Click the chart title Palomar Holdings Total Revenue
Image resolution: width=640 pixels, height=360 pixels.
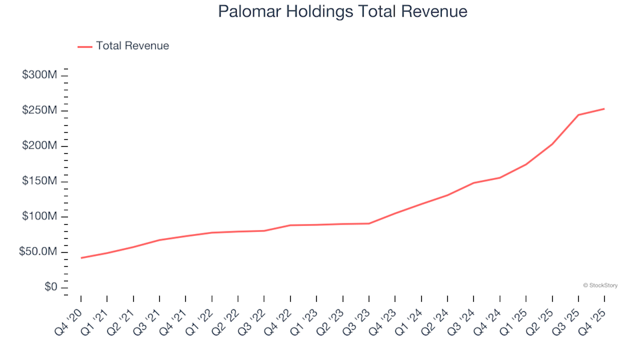[x=343, y=12]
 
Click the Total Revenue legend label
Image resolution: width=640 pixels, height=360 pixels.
[x=132, y=46]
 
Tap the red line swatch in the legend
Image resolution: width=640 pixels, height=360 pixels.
[x=85, y=47]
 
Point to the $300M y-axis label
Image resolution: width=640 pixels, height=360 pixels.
[x=39, y=75]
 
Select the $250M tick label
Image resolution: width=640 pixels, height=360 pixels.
[x=39, y=110]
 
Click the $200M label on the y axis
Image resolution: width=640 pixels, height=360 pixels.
[x=39, y=146]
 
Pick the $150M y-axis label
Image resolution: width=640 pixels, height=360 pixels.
[x=39, y=181]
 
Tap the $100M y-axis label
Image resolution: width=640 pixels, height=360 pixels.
[x=39, y=217]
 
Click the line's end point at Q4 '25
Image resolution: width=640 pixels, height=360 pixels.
[x=604, y=109]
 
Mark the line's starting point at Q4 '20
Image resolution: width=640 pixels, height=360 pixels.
[x=81, y=258]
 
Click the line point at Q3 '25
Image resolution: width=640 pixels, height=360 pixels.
[x=578, y=115]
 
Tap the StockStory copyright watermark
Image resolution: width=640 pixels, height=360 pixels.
[x=600, y=285]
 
